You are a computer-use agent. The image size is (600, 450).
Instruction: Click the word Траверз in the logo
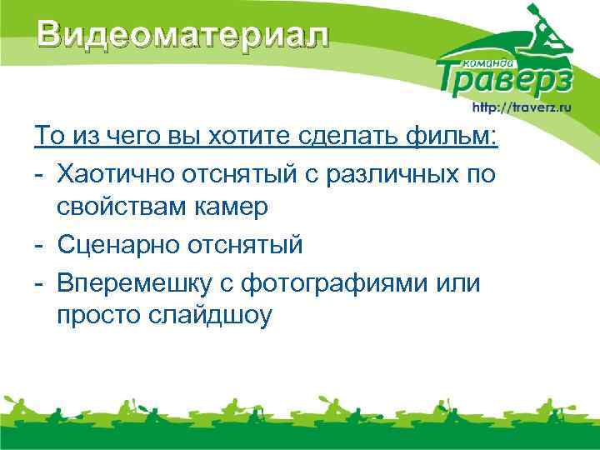[x=505, y=77]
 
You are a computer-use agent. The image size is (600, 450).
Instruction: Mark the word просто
[x=98, y=317]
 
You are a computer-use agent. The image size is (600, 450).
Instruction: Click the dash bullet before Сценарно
[x=39, y=245]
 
